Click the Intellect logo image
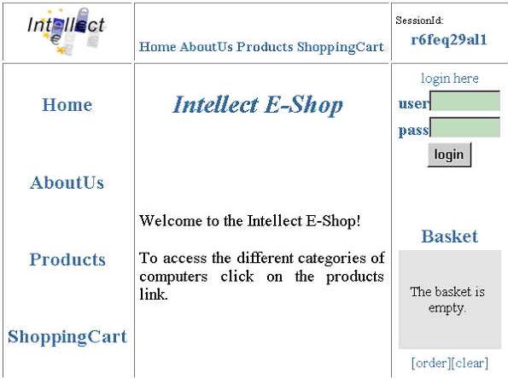pyautogui.click(x=67, y=31)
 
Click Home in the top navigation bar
pyautogui.click(x=158, y=47)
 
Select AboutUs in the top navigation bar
pyautogui.click(x=206, y=47)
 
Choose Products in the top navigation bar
pyautogui.click(x=265, y=47)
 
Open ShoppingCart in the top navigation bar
pyautogui.click(x=341, y=47)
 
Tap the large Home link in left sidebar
pyautogui.click(x=67, y=105)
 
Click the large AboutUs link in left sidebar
pyautogui.click(x=67, y=183)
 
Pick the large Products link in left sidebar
pyautogui.click(x=67, y=259)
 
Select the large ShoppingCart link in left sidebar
pyautogui.click(x=67, y=337)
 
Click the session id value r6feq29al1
pyautogui.click(x=449, y=40)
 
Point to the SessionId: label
pyautogui.click(x=419, y=20)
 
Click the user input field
pyautogui.click(x=465, y=101)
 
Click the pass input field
pyautogui.click(x=465, y=127)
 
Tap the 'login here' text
pyautogui.click(x=450, y=79)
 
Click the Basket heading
pyautogui.click(x=450, y=236)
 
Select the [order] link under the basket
pyautogui.click(x=431, y=363)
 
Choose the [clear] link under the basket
pyautogui.click(x=470, y=363)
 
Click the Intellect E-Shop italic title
pyautogui.click(x=258, y=105)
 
